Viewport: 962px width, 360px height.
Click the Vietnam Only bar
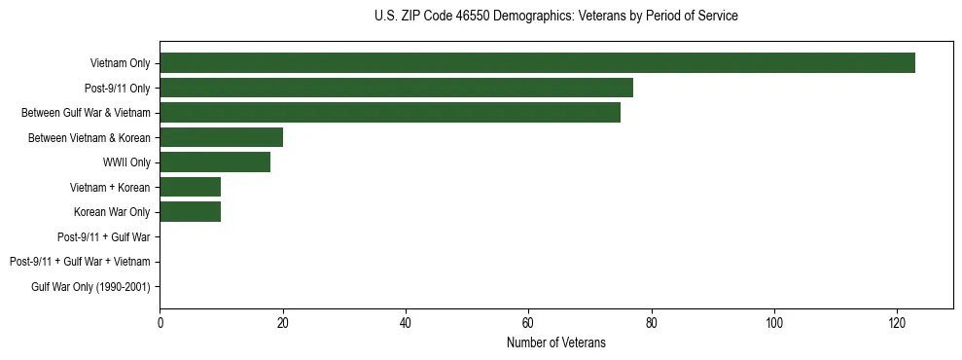click(x=537, y=63)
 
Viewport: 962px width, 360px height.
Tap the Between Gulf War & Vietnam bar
click(x=390, y=113)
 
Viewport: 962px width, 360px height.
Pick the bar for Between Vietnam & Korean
click(x=221, y=137)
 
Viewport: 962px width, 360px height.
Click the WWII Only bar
click(x=215, y=162)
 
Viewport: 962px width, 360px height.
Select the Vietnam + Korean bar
click(x=190, y=187)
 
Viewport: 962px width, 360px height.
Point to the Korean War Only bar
click(x=190, y=212)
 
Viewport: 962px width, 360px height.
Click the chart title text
click(x=555, y=17)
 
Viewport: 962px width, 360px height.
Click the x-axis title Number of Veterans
click(x=555, y=342)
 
